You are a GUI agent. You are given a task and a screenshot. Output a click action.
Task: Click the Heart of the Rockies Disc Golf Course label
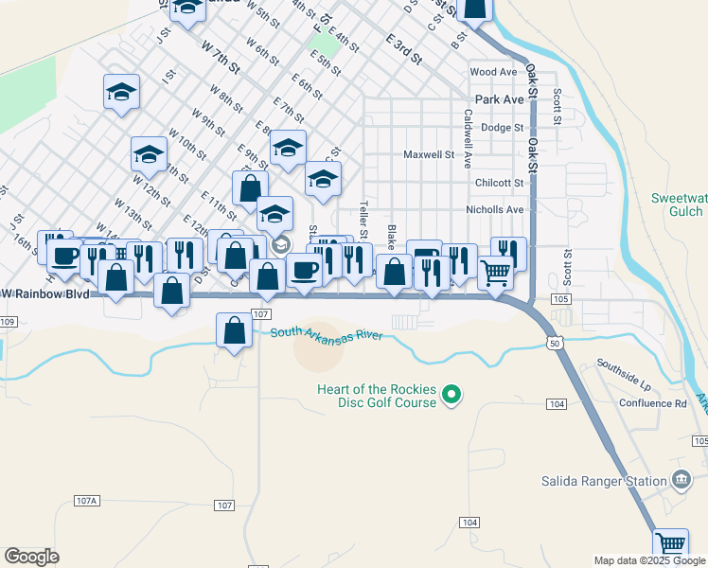click(x=377, y=394)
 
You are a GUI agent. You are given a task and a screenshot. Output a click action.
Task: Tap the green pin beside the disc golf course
click(x=451, y=395)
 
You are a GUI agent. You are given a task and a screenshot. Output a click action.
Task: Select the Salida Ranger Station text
click(x=604, y=481)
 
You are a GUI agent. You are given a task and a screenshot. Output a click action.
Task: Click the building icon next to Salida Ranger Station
click(x=681, y=481)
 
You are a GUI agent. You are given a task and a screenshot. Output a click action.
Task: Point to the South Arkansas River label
click(x=326, y=334)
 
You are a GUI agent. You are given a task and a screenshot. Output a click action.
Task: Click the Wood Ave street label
click(x=493, y=72)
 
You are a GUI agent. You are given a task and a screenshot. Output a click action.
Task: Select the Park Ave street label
click(x=500, y=98)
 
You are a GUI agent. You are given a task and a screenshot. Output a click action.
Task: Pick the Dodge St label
click(x=502, y=127)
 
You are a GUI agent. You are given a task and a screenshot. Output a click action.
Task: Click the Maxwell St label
click(x=429, y=154)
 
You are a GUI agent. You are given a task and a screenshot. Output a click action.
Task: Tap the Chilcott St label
click(x=500, y=183)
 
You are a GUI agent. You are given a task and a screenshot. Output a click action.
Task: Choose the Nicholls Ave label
click(x=494, y=209)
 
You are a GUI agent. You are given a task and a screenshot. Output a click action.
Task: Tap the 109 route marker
click(x=8, y=322)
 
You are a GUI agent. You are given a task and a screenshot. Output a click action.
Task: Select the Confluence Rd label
click(x=654, y=403)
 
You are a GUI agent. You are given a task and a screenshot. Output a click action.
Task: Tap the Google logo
click(x=31, y=557)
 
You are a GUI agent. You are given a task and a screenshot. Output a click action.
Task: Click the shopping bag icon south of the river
click(x=234, y=332)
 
